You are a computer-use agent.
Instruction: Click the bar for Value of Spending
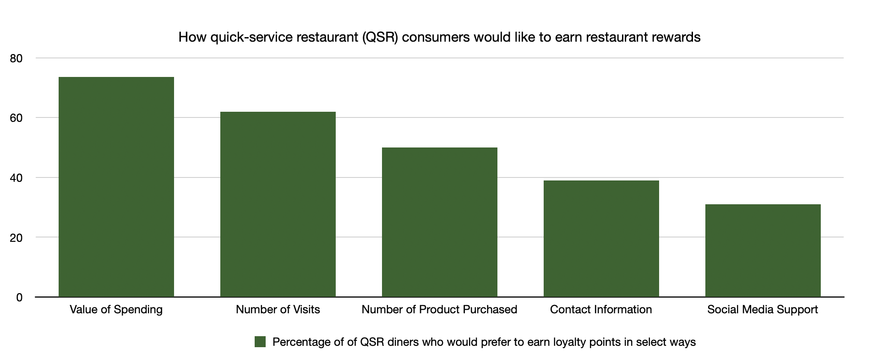point(116,187)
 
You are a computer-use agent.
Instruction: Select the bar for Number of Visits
point(278,204)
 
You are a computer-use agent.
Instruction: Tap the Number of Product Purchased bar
point(439,222)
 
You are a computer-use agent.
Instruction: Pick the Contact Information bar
point(601,239)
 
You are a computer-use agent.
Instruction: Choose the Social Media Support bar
point(763,251)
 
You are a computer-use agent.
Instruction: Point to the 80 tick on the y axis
point(16,59)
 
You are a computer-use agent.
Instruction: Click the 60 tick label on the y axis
point(16,118)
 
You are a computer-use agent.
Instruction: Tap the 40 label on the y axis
point(16,178)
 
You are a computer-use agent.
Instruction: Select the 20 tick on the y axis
point(16,238)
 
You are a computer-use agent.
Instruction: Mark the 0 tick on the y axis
point(19,298)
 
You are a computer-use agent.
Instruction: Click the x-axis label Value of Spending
point(116,310)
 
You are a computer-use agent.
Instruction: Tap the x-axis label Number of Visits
point(278,310)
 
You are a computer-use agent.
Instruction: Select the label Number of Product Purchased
point(439,310)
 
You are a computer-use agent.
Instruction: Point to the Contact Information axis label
point(601,310)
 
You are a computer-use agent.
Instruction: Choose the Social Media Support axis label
point(763,310)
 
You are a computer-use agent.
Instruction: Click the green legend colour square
point(260,342)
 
